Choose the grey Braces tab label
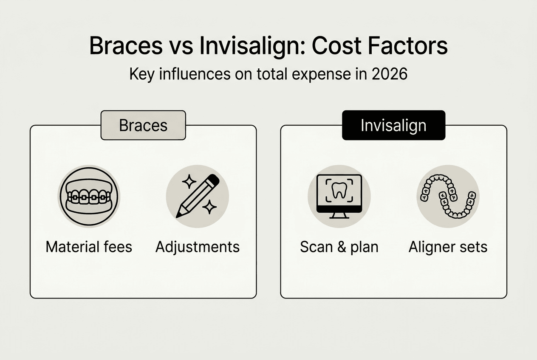143,125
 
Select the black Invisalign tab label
393,125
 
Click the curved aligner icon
448,196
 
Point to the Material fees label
89,247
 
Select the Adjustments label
198,247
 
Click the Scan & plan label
339,247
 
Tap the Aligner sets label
448,247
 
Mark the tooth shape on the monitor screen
339,191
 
